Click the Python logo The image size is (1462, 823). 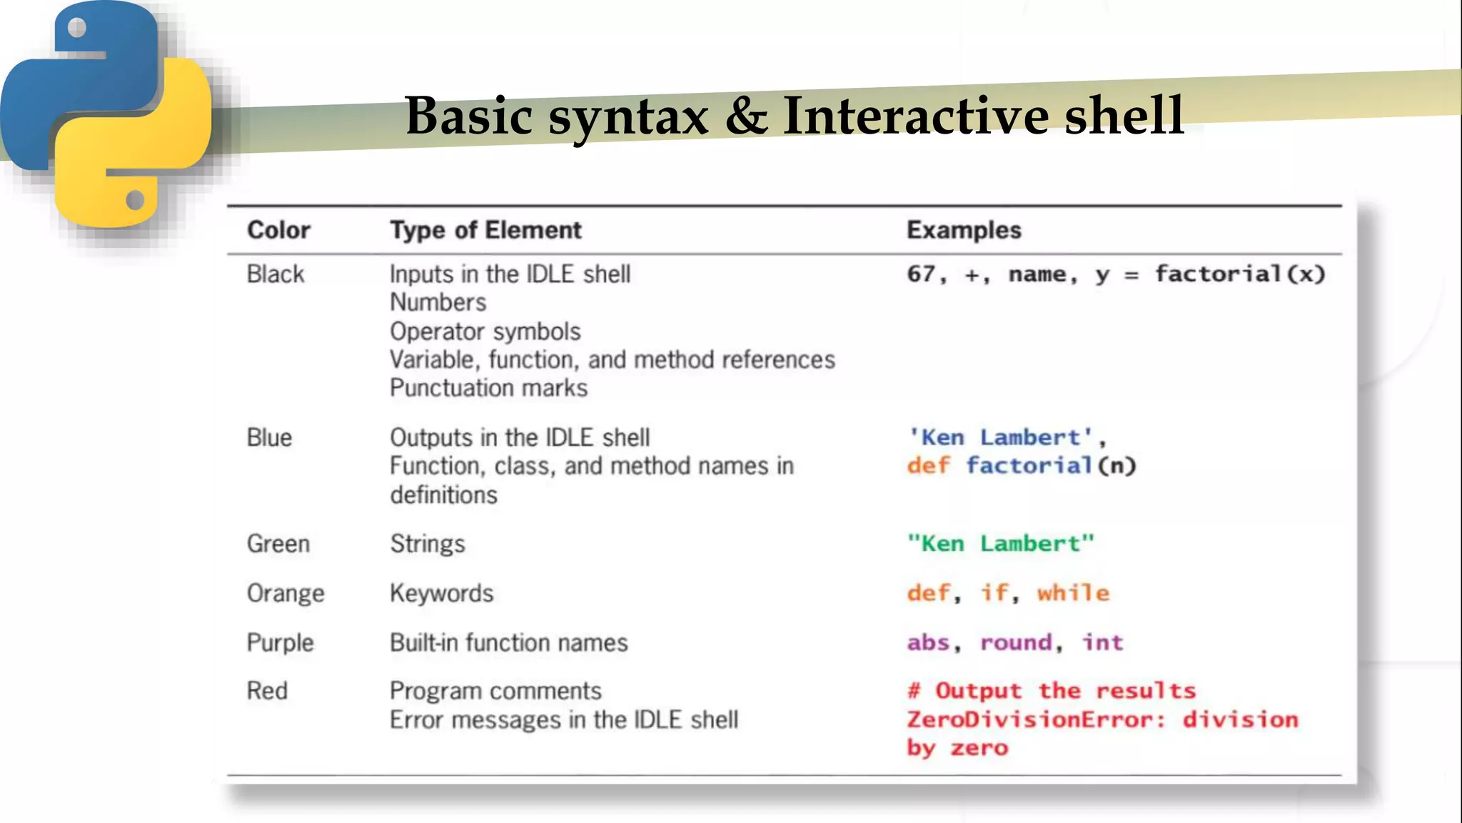pos(107,114)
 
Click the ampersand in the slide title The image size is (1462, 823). pos(747,116)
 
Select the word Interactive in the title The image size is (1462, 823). pos(916,116)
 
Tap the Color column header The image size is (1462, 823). pos(278,230)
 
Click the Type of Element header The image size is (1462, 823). pos(485,230)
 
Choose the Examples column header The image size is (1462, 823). pos(964,230)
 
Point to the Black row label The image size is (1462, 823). pos(276,274)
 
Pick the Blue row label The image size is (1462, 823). pos(269,437)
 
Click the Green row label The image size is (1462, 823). pos(278,544)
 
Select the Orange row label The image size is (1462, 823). pos(286,593)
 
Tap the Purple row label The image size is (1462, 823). pos(280,642)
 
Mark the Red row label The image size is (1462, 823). pos(267,691)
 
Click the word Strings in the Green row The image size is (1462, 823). pos(428,544)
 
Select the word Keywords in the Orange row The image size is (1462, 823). pos(441,593)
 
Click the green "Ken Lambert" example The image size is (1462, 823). pos(1000,544)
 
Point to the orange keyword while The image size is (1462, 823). pos(1073,593)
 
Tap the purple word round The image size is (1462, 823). pos(1016,642)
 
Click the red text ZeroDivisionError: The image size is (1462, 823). pos(1036,719)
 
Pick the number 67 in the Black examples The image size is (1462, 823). pos(922,274)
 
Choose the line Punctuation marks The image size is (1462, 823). pos(488,388)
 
